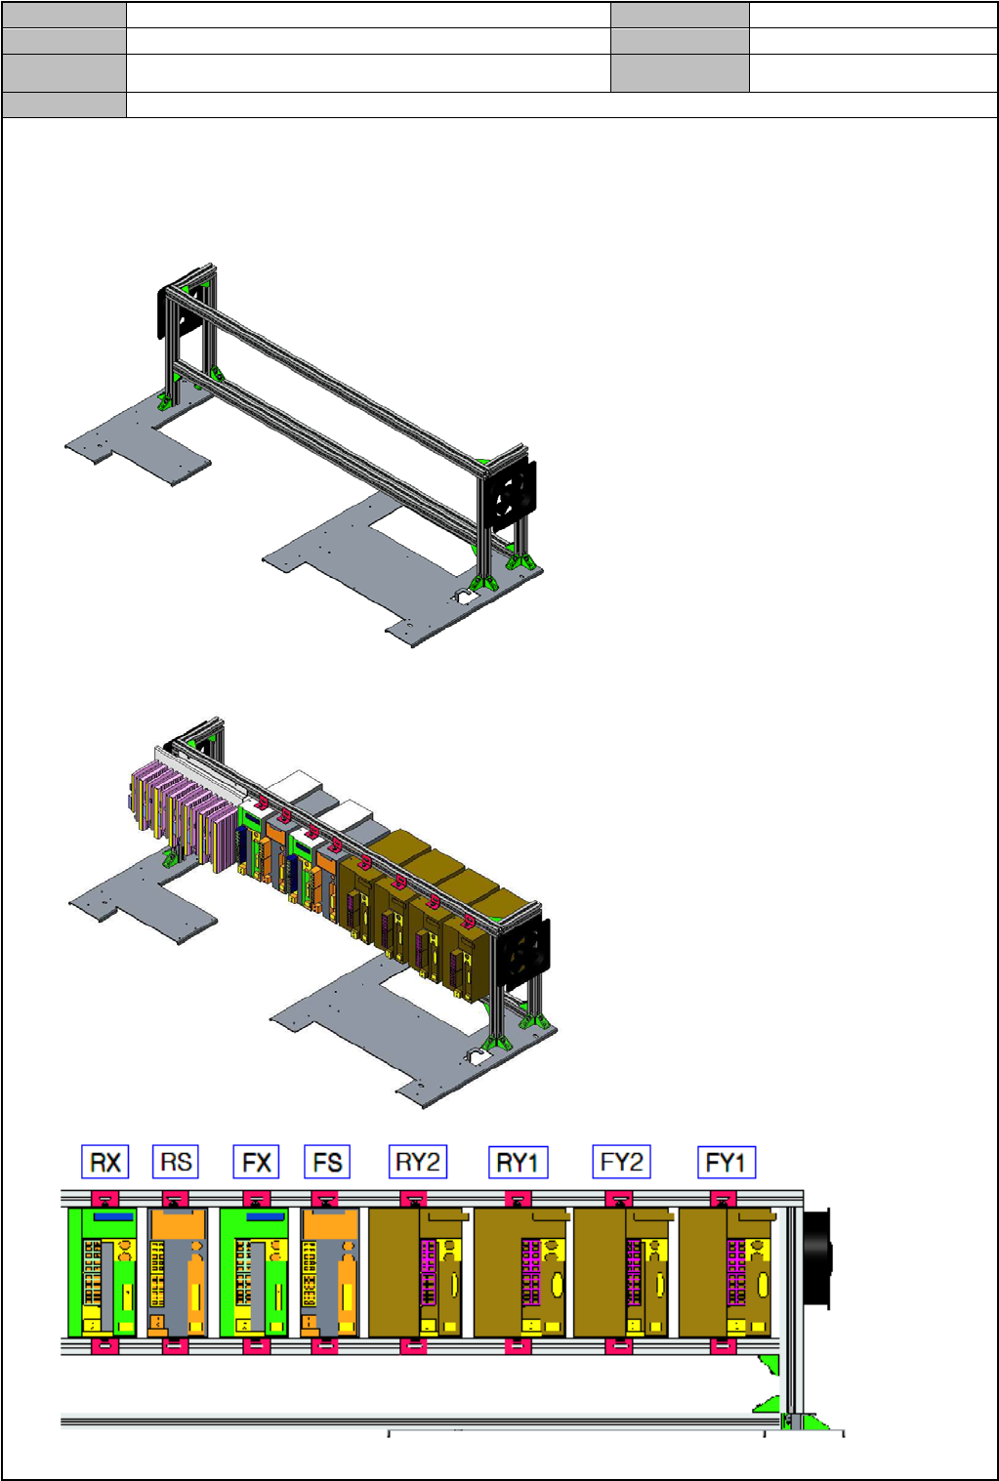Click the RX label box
(105, 1162)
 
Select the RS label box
(176, 1162)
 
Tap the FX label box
(257, 1162)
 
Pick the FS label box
(327, 1162)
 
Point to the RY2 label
(418, 1162)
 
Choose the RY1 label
(519, 1163)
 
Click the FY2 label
(621, 1162)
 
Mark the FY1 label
(727, 1163)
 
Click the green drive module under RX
(103, 1272)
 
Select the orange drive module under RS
(177, 1272)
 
